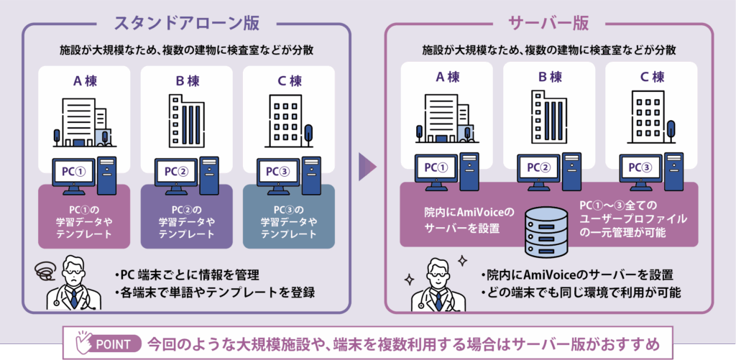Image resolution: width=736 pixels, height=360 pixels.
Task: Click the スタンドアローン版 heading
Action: coord(185,22)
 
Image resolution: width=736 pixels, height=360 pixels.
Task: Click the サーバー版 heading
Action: coord(549,22)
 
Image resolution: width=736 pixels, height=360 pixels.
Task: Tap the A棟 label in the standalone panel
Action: coord(85,81)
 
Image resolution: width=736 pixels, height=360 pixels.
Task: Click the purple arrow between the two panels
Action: coord(367,167)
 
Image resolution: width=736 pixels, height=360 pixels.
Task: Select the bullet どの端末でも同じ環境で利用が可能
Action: coord(578,292)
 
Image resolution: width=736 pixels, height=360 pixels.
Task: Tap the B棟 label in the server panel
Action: coord(548,76)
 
